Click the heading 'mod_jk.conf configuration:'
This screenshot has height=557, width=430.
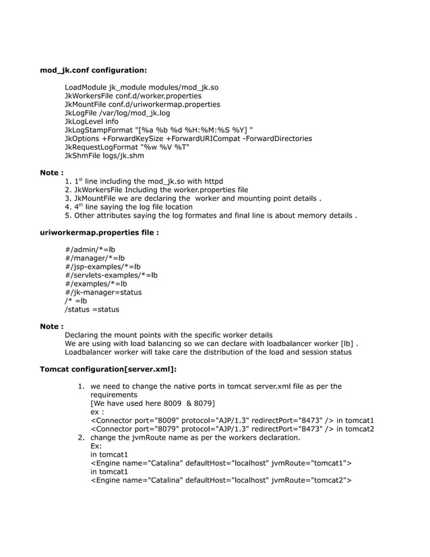coord(93,69)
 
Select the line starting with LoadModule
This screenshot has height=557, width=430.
coord(141,88)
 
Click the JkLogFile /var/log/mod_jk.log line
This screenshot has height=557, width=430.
coord(117,113)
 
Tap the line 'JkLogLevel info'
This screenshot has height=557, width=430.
coord(91,122)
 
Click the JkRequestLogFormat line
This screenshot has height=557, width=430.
coord(127,147)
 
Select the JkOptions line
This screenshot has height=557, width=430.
coord(188,139)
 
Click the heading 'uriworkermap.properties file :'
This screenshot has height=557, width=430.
coord(100,233)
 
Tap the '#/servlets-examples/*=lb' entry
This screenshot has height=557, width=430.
coord(111,275)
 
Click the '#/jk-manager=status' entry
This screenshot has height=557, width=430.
coord(103,293)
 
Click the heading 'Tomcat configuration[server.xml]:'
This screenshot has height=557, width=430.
coord(109,370)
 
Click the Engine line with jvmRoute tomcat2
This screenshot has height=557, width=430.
coord(221,480)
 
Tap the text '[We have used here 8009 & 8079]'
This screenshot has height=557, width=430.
coord(152,403)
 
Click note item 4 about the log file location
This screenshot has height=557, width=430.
coord(129,207)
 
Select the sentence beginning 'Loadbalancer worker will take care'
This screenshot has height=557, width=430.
coord(208,352)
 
